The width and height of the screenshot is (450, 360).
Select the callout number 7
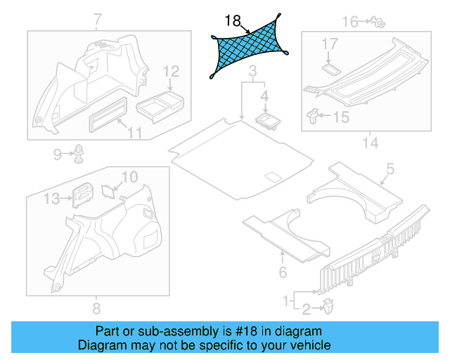pyautogui.click(x=97, y=18)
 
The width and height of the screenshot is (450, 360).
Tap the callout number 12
pyautogui.click(x=171, y=71)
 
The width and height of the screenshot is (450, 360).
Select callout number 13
pyautogui.click(x=51, y=199)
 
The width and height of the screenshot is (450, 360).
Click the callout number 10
pyautogui.click(x=130, y=176)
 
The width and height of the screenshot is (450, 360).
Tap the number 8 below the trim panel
pyautogui.click(x=96, y=308)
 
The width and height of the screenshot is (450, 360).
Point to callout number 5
pyautogui.click(x=390, y=168)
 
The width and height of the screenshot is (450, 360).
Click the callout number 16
pyautogui.click(x=350, y=22)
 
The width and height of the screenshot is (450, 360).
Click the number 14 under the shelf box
pyautogui.click(x=370, y=143)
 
